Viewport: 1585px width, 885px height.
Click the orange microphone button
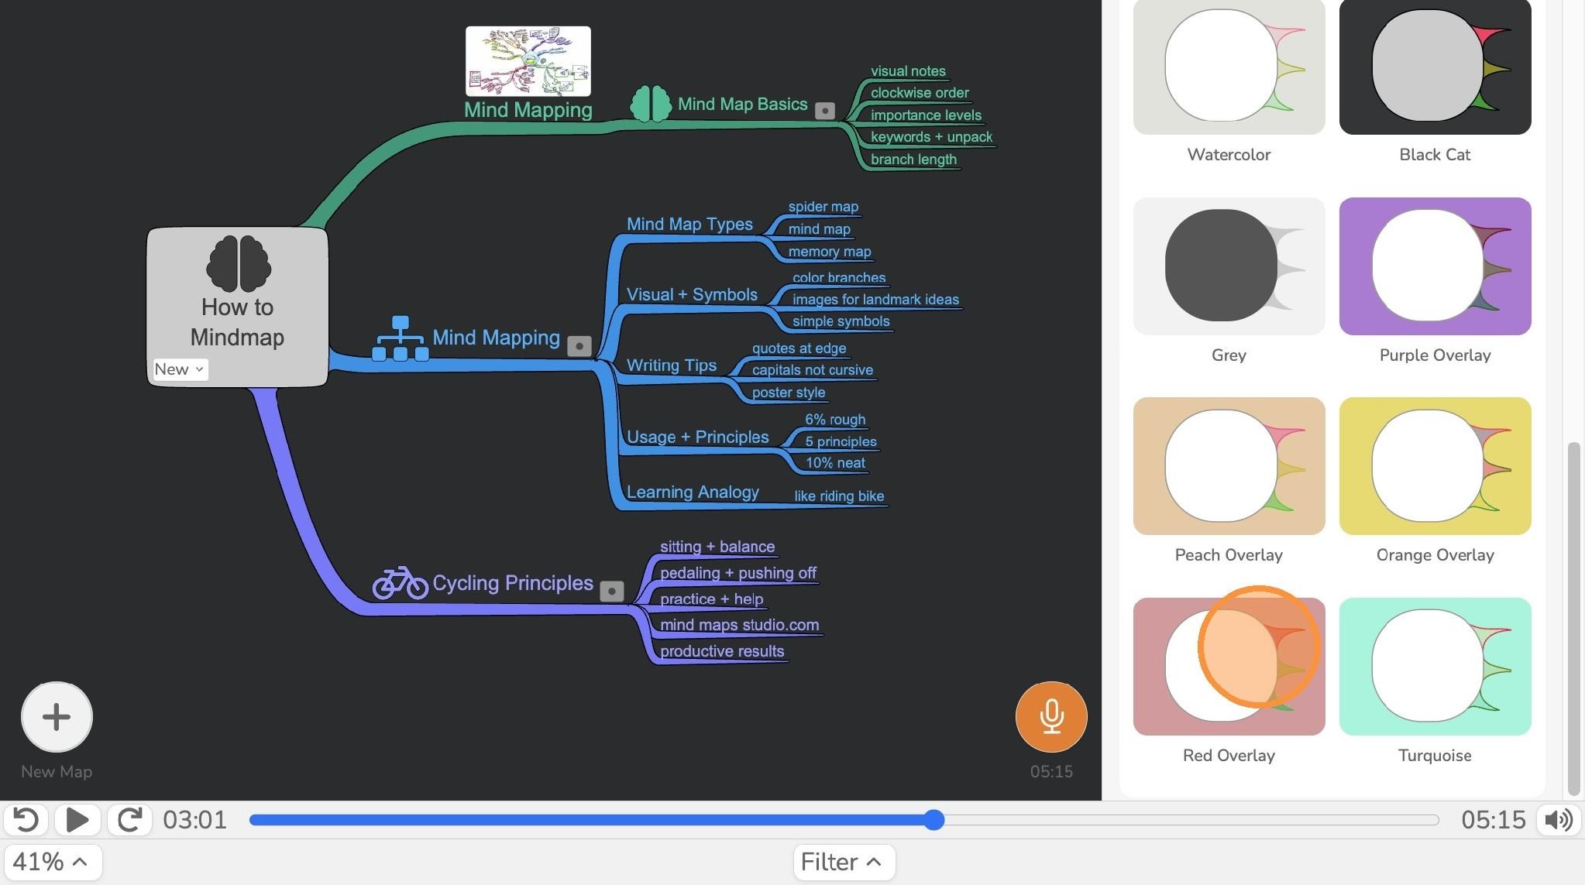[1051, 716]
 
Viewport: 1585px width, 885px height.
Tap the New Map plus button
[57, 716]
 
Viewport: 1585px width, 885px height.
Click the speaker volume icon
[1559, 819]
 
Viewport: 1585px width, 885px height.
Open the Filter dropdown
[844, 862]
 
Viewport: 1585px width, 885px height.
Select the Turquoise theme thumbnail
[1435, 666]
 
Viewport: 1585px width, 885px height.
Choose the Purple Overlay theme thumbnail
[1435, 266]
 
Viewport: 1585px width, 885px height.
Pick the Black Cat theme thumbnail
[1435, 67]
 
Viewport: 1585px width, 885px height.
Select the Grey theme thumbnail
[1229, 266]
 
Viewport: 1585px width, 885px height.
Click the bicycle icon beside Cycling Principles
[400, 583]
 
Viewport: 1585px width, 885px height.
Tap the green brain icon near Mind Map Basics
[651, 104]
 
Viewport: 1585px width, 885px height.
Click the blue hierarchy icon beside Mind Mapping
[400, 338]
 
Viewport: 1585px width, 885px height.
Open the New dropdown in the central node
[179, 369]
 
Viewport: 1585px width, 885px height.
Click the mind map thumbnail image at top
[528, 61]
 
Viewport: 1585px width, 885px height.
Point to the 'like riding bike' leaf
[839, 496]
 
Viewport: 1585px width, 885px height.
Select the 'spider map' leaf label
[823, 207]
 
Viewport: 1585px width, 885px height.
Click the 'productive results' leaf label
[722, 651]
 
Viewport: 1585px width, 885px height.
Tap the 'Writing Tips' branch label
[672, 365]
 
